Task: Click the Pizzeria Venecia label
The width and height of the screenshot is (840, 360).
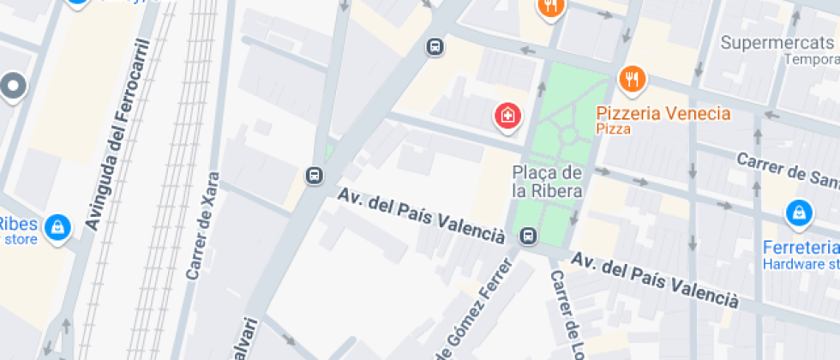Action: pos(663,113)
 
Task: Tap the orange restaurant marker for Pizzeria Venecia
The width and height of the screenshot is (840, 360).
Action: pos(632,80)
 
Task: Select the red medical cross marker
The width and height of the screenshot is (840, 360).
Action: pos(507,115)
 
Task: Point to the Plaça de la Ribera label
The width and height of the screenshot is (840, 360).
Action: pos(548,181)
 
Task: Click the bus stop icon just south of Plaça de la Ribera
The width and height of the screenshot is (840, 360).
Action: pos(528,235)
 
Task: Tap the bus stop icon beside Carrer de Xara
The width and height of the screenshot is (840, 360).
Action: pos(314,176)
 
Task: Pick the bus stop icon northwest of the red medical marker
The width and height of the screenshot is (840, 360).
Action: pos(435,46)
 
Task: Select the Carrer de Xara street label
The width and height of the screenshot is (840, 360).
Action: pos(203,227)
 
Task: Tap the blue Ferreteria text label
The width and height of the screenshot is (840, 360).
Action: pos(801,248)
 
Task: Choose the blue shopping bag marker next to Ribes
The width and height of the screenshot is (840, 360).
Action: pos(57,226)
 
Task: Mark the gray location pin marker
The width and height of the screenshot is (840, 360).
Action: pos(13,86)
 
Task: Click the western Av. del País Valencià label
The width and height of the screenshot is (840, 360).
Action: pos(421,214)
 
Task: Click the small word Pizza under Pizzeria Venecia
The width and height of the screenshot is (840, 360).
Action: pos(613,129)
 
